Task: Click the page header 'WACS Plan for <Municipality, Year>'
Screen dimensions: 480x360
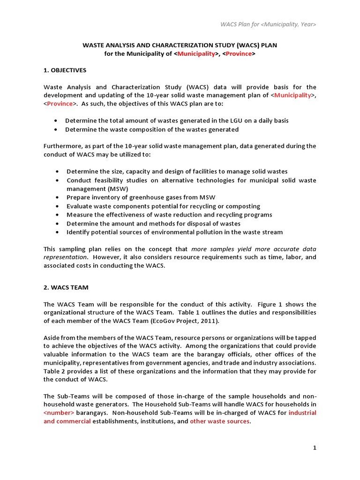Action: click(268, 24)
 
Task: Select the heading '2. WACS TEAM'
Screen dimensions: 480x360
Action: click(66, 287)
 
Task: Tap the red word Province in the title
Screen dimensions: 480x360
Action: click(240, 54)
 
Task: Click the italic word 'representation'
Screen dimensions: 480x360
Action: click(65, 257)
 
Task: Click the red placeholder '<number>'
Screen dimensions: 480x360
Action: click(59, 413)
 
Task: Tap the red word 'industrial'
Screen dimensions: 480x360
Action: click(302, 413)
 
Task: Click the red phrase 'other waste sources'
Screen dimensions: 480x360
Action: click(219, 421)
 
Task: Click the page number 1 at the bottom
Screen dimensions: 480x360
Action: click(315, 448)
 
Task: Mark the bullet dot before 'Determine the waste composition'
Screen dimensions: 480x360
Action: click(56, 130)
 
